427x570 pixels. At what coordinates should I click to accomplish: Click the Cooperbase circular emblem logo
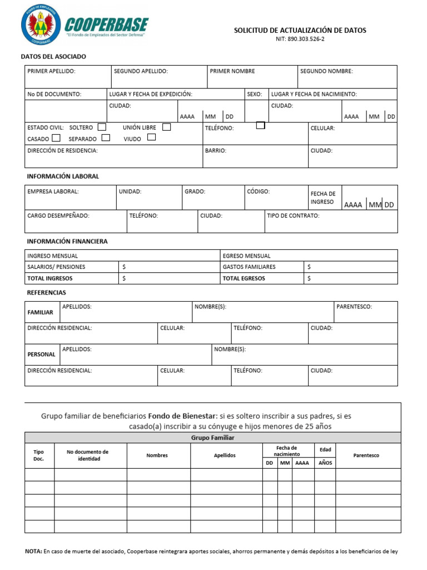[41, 25]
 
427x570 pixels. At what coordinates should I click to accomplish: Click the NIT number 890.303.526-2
[300, 40]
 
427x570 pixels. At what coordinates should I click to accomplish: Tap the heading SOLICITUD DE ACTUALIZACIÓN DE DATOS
[300, 31]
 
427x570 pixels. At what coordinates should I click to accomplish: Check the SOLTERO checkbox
[101, 127]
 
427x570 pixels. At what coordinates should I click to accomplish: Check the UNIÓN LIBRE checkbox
[166, 127]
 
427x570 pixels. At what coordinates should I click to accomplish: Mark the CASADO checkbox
[56, 138]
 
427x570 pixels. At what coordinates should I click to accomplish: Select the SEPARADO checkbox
[106, 138]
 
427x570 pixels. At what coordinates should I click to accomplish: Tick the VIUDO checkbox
[151, 137]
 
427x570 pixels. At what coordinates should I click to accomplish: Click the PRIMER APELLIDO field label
[51, 71]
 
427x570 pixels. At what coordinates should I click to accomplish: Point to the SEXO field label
[254, 94]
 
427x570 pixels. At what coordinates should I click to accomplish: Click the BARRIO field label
[215, 150]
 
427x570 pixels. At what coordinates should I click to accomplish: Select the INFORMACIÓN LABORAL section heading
[63, 176]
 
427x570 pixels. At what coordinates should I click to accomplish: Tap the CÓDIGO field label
[258, 191]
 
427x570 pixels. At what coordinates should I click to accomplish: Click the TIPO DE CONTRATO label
[293, 215]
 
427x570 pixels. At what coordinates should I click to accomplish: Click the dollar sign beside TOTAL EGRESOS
[309, 278]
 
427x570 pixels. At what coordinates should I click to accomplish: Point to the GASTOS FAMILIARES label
[249, 267]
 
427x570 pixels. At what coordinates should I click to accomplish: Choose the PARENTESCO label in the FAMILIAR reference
[354, 307]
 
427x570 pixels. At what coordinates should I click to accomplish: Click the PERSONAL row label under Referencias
[42, 354]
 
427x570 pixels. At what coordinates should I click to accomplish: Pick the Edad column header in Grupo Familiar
[325, 449]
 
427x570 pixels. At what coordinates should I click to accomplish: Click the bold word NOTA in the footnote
[33, 552]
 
